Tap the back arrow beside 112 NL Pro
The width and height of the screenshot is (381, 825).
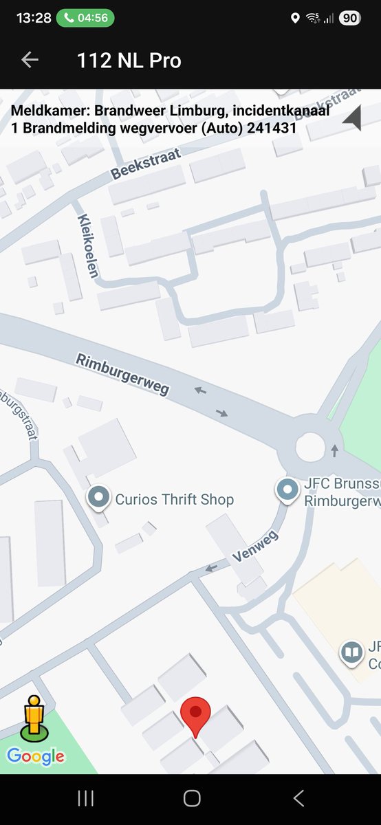tap(30, 60)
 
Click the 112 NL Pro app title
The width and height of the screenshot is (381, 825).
tap(129, 60)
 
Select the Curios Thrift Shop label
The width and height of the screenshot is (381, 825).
tap(174, 499)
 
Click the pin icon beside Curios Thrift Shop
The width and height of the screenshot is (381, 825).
tap(100, 498)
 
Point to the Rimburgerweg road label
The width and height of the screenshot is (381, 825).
tap(122, 375)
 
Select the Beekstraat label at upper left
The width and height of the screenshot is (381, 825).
tap(146, 164)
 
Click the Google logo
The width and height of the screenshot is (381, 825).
tap(36, 757)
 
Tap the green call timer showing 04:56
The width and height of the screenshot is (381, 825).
tap(85, 18)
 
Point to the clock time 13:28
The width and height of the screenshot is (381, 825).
tap(34, 18)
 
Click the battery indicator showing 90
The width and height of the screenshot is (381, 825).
tap(349, 18)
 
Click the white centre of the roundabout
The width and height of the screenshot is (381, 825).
tap(309, 449)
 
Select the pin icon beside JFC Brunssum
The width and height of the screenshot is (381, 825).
tap(286, 490)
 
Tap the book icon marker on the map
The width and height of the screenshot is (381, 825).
tap(352, 652)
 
